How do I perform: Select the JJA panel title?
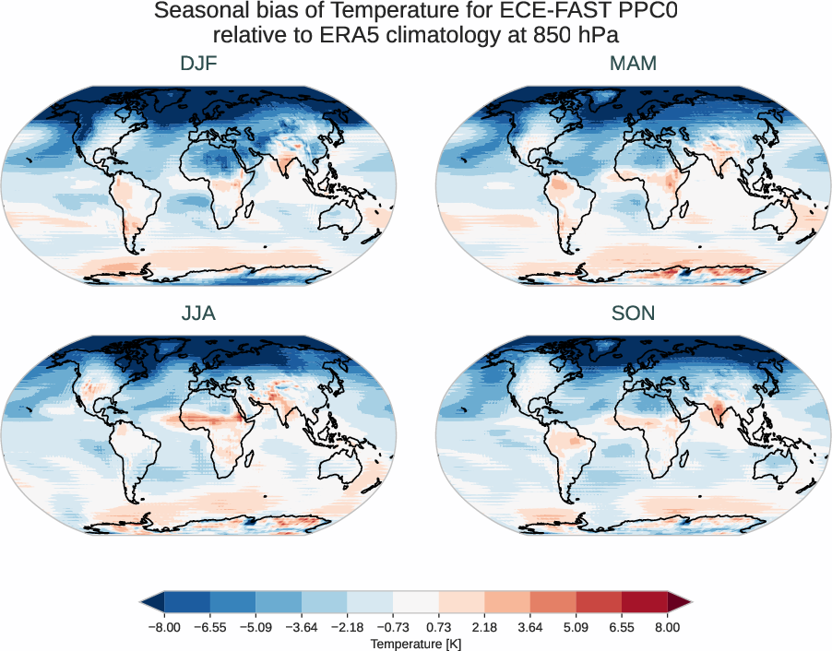198,314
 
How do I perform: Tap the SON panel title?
633,314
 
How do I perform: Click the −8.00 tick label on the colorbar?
164,627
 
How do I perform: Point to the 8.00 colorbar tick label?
668,627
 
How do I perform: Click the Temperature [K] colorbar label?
415,643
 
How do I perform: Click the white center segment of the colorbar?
416,603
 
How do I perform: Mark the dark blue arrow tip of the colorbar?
152,603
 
